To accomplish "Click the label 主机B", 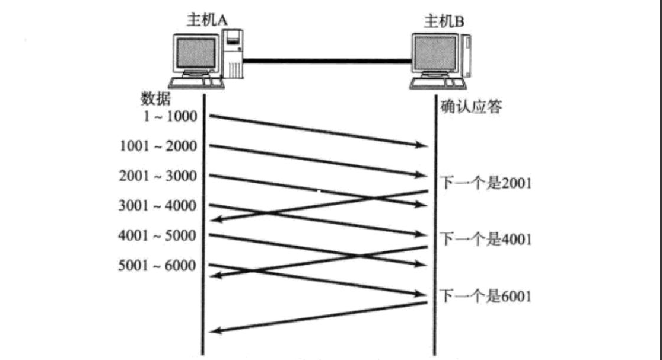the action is pyautogui.click(x=444, y=23).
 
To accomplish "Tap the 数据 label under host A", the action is pyautogui.click(x=156, y=98).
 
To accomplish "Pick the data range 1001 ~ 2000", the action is pyautogui.click(x=157, y=146).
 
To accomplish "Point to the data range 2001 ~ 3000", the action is pyautogui.click(x=157, y=176).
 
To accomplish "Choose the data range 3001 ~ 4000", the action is pyautogui.click(x=157, y=206).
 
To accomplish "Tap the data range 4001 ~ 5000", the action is pyautogui.click(x=157, y=236).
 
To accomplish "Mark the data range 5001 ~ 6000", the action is pyautogui.click(x=157, y=266).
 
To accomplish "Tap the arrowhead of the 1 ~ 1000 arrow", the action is pyautogui.click(x=422, y=144).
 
